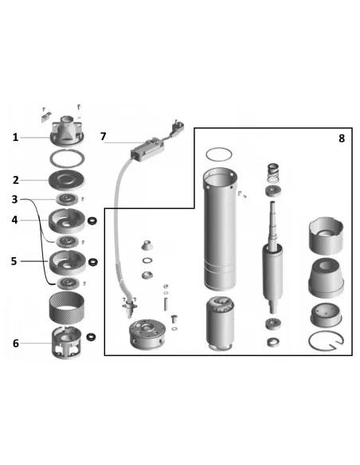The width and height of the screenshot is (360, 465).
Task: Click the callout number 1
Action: point(15,137)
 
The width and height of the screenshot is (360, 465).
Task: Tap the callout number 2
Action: point(16,180)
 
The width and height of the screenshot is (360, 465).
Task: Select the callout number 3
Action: point(15,199)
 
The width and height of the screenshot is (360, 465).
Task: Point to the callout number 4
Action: point(14,220)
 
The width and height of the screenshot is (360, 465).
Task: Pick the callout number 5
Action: point(14,261)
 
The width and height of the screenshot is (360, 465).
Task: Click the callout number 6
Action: point(16,343)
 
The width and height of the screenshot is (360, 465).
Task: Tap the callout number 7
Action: point(103,136)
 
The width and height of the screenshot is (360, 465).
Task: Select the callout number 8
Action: point(342,139)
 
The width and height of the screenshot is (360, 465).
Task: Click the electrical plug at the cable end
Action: point(177,126)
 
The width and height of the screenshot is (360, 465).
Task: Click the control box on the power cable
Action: point(147,150)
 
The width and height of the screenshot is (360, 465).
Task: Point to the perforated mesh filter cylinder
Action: point(66,307)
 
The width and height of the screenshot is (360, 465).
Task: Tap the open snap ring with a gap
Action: point(326,341)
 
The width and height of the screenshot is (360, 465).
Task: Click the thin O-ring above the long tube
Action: point(219,154)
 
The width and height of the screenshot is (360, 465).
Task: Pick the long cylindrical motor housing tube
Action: point(220,229)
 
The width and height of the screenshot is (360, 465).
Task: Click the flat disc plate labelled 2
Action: point(66,180)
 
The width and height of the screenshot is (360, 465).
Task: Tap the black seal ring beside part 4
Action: point(93,221)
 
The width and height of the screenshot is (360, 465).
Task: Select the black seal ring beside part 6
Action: point(91,337)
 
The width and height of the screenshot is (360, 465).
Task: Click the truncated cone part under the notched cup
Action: point(327,278)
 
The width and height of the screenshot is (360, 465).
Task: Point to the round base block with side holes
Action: point(146,334)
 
